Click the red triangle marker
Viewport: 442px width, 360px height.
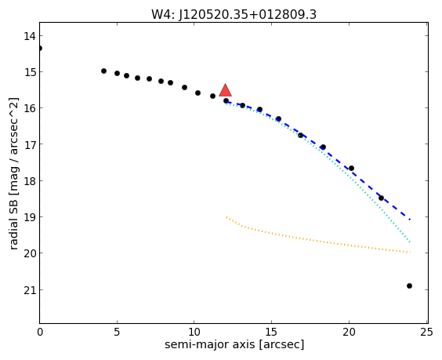225,90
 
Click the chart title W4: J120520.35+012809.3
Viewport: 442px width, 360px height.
234,14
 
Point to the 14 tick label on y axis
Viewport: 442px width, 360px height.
30,36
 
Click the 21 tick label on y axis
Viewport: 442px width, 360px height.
30,290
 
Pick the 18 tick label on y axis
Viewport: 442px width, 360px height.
30,181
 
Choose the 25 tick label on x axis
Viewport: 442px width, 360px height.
426,333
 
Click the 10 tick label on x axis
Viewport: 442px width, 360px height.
194,333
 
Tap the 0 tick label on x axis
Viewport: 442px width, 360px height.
40,333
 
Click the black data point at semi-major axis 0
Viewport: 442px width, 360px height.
40,49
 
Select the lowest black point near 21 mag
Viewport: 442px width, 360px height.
409,286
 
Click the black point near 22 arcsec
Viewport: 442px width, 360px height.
381,198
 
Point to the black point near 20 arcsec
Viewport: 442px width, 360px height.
351,169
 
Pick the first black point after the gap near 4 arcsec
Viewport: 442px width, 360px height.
103,71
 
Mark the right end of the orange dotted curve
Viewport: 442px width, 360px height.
410,253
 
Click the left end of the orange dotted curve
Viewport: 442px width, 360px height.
226,217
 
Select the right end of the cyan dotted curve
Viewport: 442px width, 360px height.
410,242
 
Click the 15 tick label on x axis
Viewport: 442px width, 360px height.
271,333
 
